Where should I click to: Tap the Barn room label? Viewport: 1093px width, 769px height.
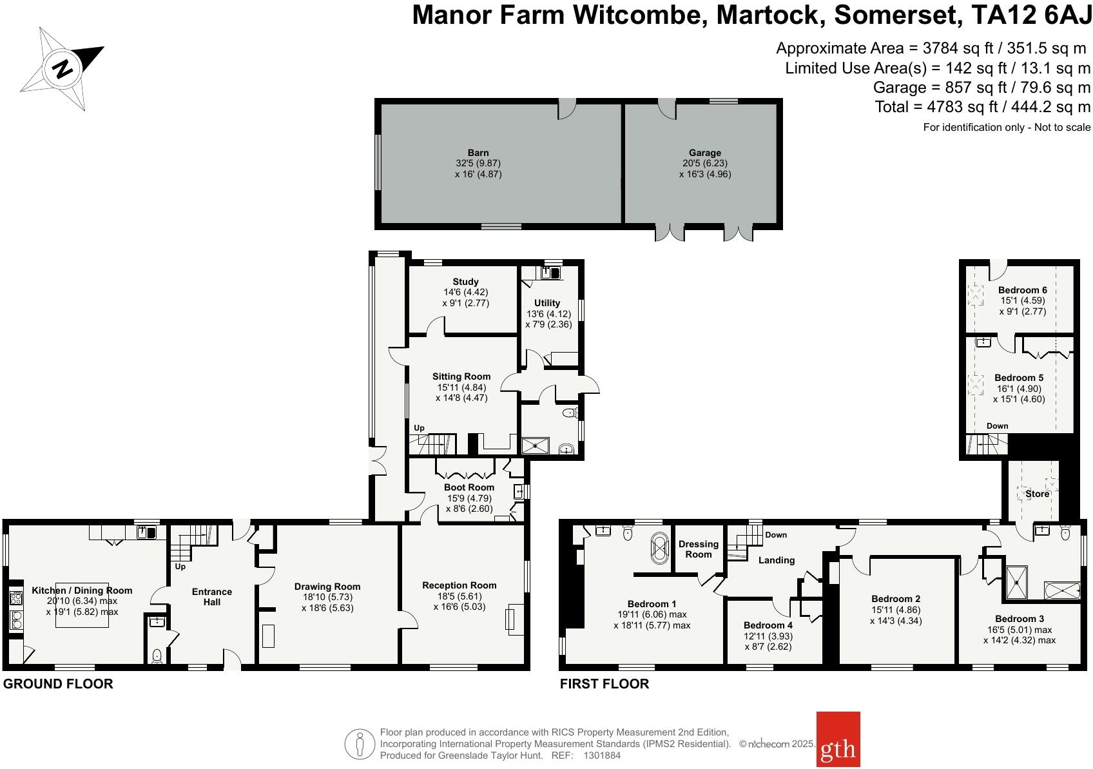[478, 153]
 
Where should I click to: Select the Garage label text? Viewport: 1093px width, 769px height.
[704, 153]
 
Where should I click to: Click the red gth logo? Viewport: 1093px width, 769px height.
[838, 739]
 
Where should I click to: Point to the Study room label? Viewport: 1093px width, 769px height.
[465, 282]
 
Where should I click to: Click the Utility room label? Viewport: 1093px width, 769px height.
[547, 303]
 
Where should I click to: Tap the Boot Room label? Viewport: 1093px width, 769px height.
[469, 487]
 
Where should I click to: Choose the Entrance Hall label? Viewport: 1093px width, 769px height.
[212, 597]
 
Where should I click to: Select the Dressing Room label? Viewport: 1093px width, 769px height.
[698, 549]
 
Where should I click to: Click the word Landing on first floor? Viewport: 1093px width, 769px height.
[777, 560]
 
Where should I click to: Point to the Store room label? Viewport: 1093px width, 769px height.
[1037, 494]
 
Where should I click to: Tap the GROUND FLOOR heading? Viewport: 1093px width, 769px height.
[58, 684]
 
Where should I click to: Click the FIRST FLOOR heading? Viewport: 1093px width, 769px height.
[604, 684]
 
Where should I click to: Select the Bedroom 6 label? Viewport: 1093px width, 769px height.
[1022, 290]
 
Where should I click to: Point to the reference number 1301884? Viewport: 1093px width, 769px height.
[602, 755]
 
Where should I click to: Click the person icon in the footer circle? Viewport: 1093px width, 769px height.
[360, 745]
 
